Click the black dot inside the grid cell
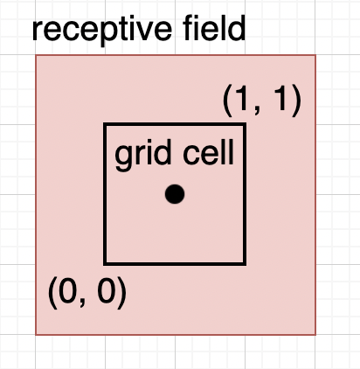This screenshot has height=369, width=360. point(175,194)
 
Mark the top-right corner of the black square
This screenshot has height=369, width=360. point(244,124)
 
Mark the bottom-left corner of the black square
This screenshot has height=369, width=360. point(105,263)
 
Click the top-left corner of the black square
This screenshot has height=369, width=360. point(105,124)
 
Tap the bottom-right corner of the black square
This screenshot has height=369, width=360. point(244,263)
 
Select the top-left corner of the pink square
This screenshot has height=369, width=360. point(36,55)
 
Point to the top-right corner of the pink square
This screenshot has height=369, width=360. point(315,55)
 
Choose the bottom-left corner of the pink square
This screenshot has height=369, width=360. point(36,334)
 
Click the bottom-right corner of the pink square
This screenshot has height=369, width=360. point(315,334)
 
